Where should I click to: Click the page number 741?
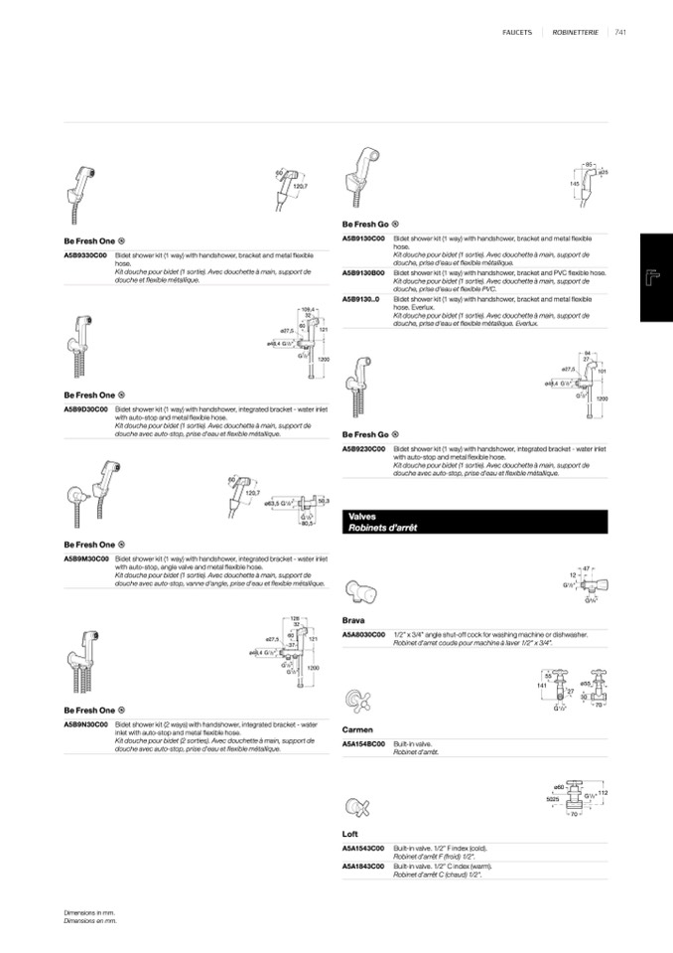(x=621, y=33)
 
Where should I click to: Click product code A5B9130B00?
(x=364, y=271)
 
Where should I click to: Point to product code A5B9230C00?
(x=364, y=450)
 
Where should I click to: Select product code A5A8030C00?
(x=364, y=633)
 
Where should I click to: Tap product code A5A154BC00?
(x=364, y=743)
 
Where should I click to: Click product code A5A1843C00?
(x=364, y=866)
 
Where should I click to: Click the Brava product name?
(x=353, y=619)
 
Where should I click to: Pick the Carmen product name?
(x=357, y=729)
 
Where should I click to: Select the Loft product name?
(x=349, y=834)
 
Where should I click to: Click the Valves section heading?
(x=362, y=517)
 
